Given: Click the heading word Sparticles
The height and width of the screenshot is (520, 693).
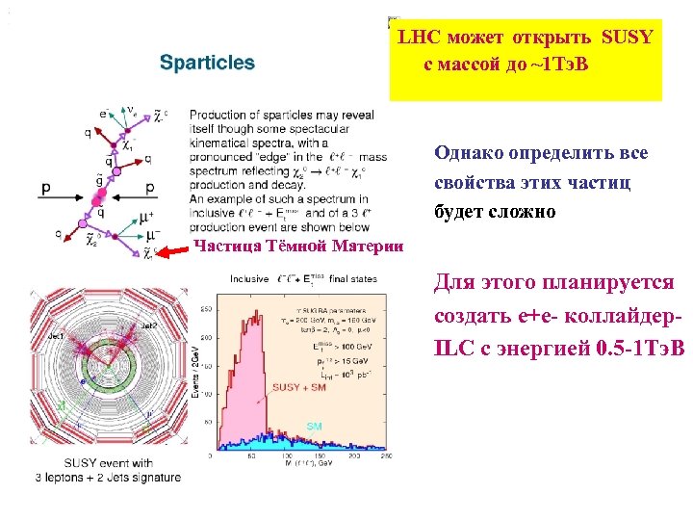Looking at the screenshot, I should [x=207, y=63].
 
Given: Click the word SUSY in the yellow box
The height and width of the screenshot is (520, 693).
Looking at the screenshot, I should [x=627, y=38].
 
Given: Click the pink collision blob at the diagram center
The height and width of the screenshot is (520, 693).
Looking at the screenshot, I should [x=97, y=197].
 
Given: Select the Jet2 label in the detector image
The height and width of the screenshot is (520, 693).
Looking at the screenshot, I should [x=148, y=326].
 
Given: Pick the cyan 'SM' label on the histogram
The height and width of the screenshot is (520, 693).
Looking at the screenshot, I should [x=315, y=425].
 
